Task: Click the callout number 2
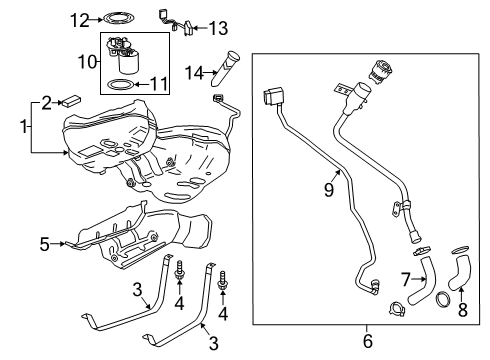click(x=47, y=101)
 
